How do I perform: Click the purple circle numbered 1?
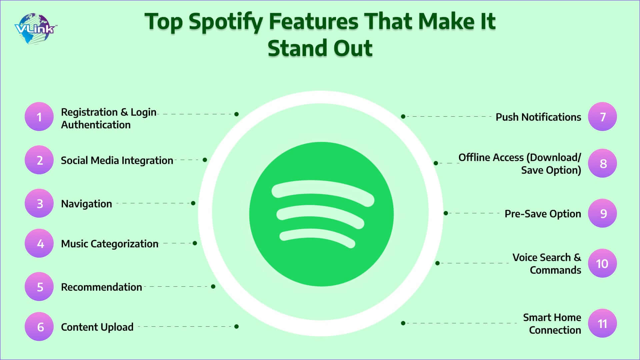[x=39, y=117]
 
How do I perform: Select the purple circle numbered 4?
[x=39, y=243]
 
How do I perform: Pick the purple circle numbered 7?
[x=602, y=117]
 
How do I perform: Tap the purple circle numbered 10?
[x=602, y=263]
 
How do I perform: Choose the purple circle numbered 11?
[x=602, y=323]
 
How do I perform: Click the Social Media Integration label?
[x=117, y=161]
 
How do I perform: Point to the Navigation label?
[x=86, y=204]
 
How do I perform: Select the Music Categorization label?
[x=110, y=244]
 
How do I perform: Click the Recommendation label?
[x=101, y=287]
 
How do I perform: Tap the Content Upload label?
[x=97, y=327]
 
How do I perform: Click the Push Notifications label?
[x=538, y=117]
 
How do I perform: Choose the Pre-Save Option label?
[x=543, y=214]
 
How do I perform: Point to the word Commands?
[x=555, y=270]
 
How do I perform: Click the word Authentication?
[x=96, y=125]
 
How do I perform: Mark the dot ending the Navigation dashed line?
[x=193, y=203]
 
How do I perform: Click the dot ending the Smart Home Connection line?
[x=403, y=323]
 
